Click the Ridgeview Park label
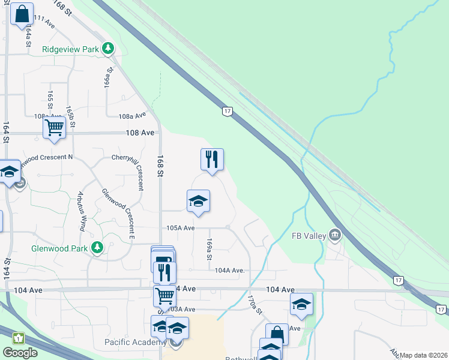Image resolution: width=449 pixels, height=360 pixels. [x=70, y=49]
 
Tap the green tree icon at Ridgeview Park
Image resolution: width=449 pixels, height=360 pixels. [x=108, y=48]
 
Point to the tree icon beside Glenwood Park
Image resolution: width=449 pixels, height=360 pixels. [x=97, y=247]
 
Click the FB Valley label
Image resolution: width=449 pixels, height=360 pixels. [x=309, y=236]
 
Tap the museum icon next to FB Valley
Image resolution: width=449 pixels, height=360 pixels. [x=335, y=235]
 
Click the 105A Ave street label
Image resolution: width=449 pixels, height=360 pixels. [x=181, y=228]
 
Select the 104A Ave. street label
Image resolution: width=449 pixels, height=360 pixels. [x=230, y=271]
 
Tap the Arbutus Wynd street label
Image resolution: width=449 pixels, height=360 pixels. [x=80, y=212]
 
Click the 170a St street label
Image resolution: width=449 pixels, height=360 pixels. [x=256, y=304]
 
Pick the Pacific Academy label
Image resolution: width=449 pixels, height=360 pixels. [x=135, y=343]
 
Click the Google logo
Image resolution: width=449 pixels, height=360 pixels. [x=20, y=353]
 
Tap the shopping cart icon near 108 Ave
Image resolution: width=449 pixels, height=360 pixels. [x=54, y=127]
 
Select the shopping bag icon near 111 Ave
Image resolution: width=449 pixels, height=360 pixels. [x=22, y=14]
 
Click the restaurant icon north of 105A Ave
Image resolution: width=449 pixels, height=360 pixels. [x=211, y=159]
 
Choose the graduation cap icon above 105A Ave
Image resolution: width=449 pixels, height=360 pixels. [x=198, y=200]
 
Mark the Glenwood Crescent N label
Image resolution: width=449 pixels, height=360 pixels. [x=46, y=157]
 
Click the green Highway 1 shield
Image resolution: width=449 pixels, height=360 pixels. [x=18, y=338]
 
